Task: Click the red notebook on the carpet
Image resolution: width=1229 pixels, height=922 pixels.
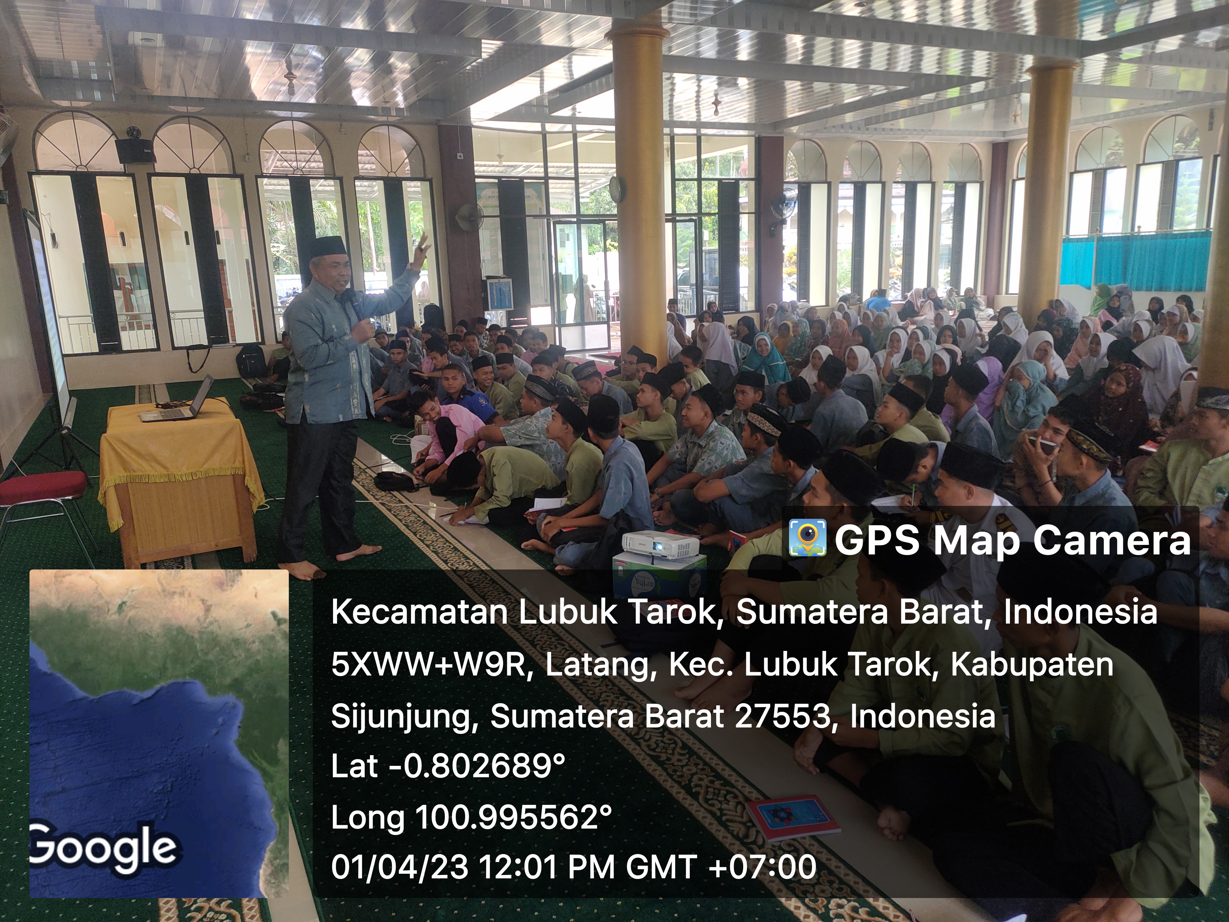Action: [792, 819]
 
